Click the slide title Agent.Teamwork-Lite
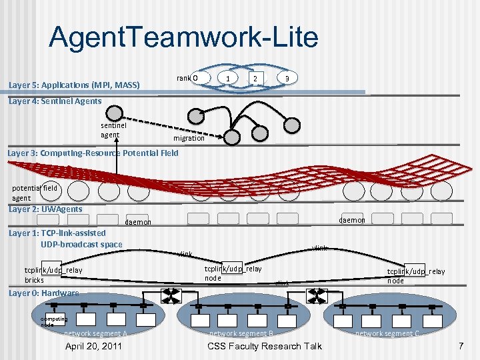click(x=183, y=37)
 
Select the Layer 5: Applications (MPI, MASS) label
click(x=73, y=85)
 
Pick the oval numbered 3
click(x=286, y=79)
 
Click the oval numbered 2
click(x=255, y=79)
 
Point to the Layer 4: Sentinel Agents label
click(x=55, y=101)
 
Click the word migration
click(x=189, y=139)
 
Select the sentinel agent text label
click(x=109, y=130)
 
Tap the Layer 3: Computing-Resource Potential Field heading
click(x=93, y=153)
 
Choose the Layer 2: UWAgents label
click(x=45, y=209)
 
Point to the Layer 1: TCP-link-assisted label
click(x=57, y=233)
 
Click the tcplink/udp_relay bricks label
click(x=53, y=275)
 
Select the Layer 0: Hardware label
click(x=43, y=293)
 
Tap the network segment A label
click(x=95, y=333)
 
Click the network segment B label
click(x=241, y=333)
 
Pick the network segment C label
click(x=387, y=333)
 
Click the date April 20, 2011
click(x=93, y=346)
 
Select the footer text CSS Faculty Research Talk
click(x=265, y=346)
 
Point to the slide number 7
click(x=460, y=346)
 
